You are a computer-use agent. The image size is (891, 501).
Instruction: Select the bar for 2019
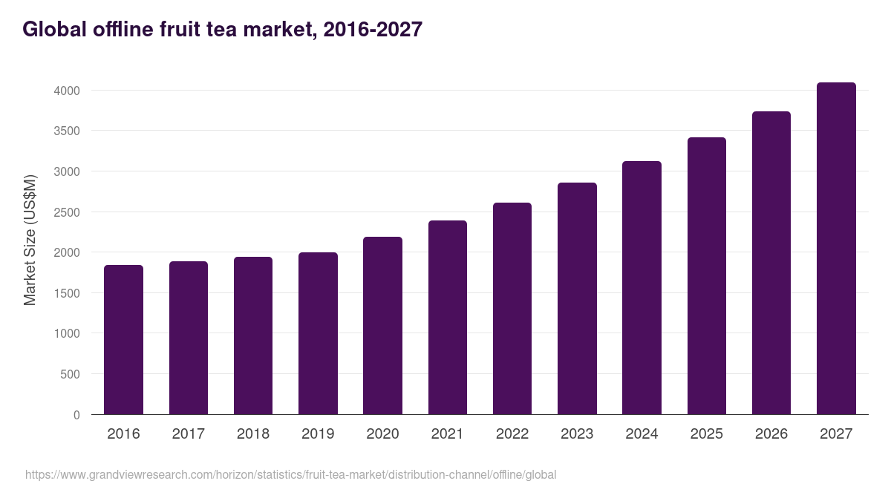(x=318, y=333)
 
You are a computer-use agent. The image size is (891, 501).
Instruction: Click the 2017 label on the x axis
(x=188, y=434)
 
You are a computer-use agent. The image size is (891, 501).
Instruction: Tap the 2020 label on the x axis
(x=382, y=434)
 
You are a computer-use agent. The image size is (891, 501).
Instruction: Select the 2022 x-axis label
(x=512, y=434)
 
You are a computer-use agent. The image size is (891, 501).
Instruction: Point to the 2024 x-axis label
(x=642, y=434)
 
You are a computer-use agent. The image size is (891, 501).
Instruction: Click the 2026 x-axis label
(x=771, y=434)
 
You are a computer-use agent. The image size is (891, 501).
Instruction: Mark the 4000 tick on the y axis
(x=67, y=91)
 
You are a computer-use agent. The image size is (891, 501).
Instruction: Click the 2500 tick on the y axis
(x=67, y=212)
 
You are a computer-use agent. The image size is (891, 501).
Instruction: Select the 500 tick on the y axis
(x=71, y=374)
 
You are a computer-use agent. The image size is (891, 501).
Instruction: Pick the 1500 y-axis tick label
(x=67, y=293)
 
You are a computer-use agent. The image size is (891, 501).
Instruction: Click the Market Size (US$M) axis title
(x=30, y=240)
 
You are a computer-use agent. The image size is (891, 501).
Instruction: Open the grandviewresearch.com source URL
(x=290, y=474)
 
